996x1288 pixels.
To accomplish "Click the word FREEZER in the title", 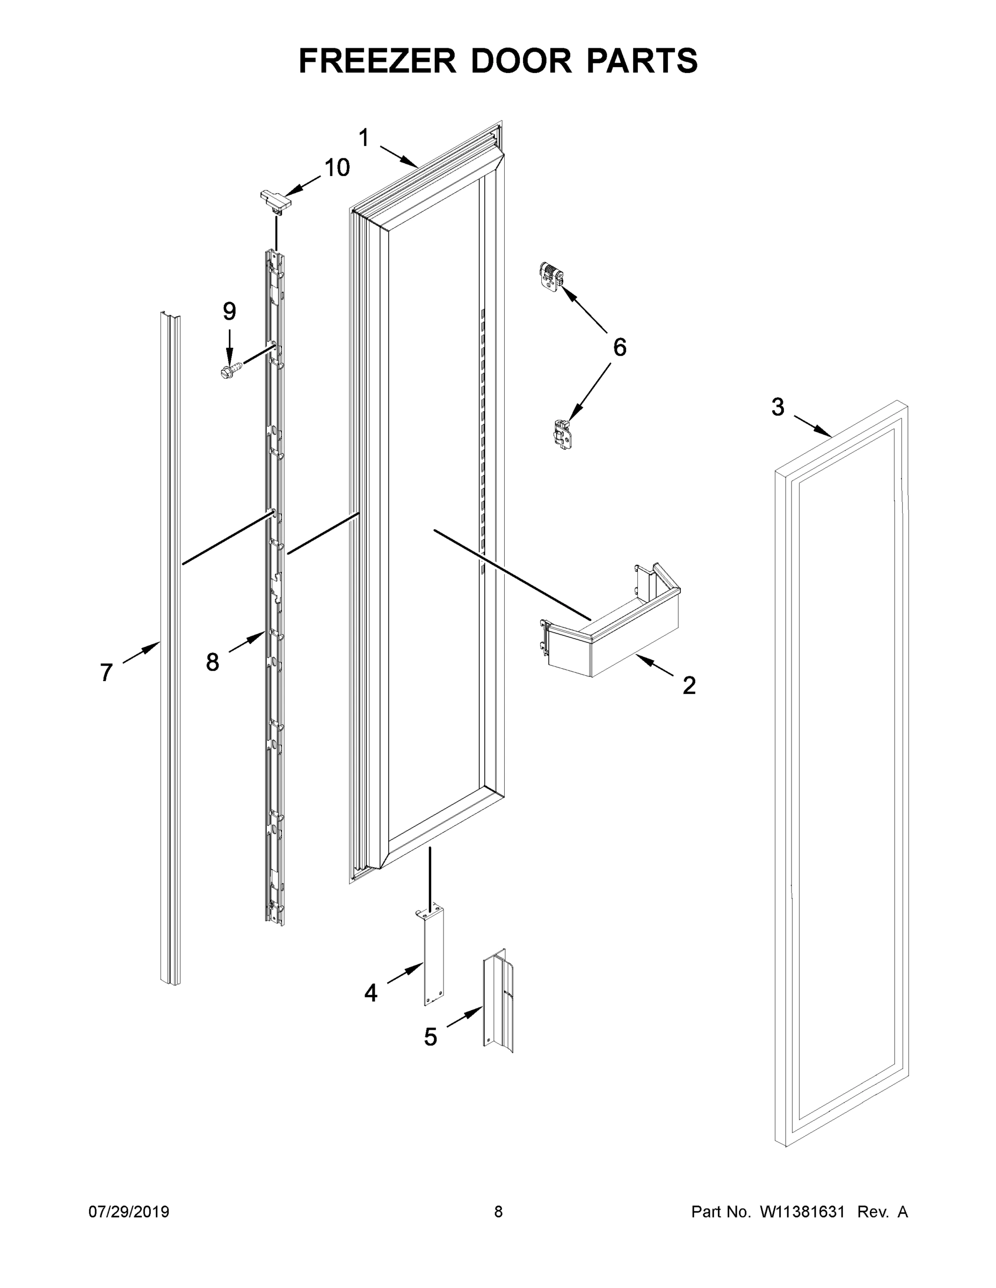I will [377, 61].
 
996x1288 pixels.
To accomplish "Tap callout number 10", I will [337, 168].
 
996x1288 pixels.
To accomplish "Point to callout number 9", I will [229, 311].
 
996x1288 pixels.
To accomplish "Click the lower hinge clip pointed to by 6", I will [562, 436].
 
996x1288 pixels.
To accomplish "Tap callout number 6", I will [619, 348].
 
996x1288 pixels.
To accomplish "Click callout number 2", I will [688, 685].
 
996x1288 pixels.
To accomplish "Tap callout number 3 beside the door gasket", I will [777, 407].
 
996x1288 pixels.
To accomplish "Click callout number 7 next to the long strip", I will [106, 672].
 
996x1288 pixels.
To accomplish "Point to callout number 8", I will [213, 662].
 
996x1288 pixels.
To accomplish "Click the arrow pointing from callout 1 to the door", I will [399, 155].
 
